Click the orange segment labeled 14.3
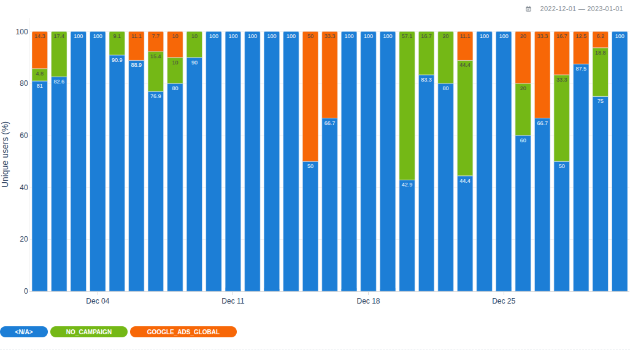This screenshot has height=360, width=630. click(40, 50)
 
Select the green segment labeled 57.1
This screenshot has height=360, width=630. click(407, 105)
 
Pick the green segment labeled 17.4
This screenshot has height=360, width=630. click(59, 54)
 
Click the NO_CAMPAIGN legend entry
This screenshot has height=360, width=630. click(89, 332)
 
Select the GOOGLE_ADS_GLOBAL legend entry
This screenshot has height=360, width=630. click(183, 332)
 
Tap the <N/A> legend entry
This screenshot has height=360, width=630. click(24, 332)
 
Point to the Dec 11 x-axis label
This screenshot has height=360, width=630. click(233, 301)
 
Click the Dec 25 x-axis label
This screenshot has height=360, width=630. click(504, 301)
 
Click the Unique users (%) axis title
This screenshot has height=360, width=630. click(6, 153)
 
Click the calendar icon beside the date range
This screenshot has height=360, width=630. click(529, 9)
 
